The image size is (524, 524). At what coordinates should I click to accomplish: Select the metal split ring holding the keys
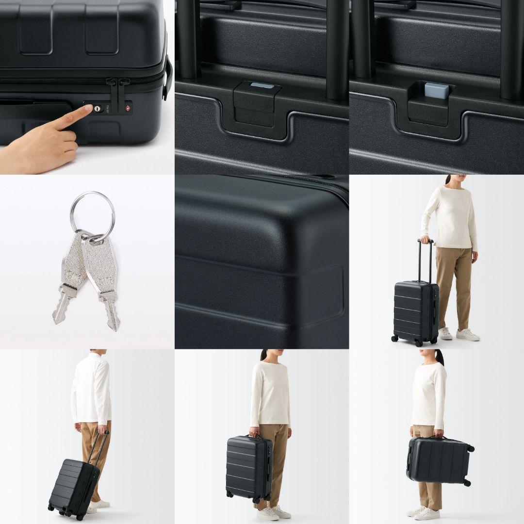pos(93,213)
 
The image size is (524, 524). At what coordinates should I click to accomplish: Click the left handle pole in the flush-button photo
pos(189,39)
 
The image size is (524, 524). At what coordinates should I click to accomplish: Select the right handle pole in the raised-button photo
pos(512,49)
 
